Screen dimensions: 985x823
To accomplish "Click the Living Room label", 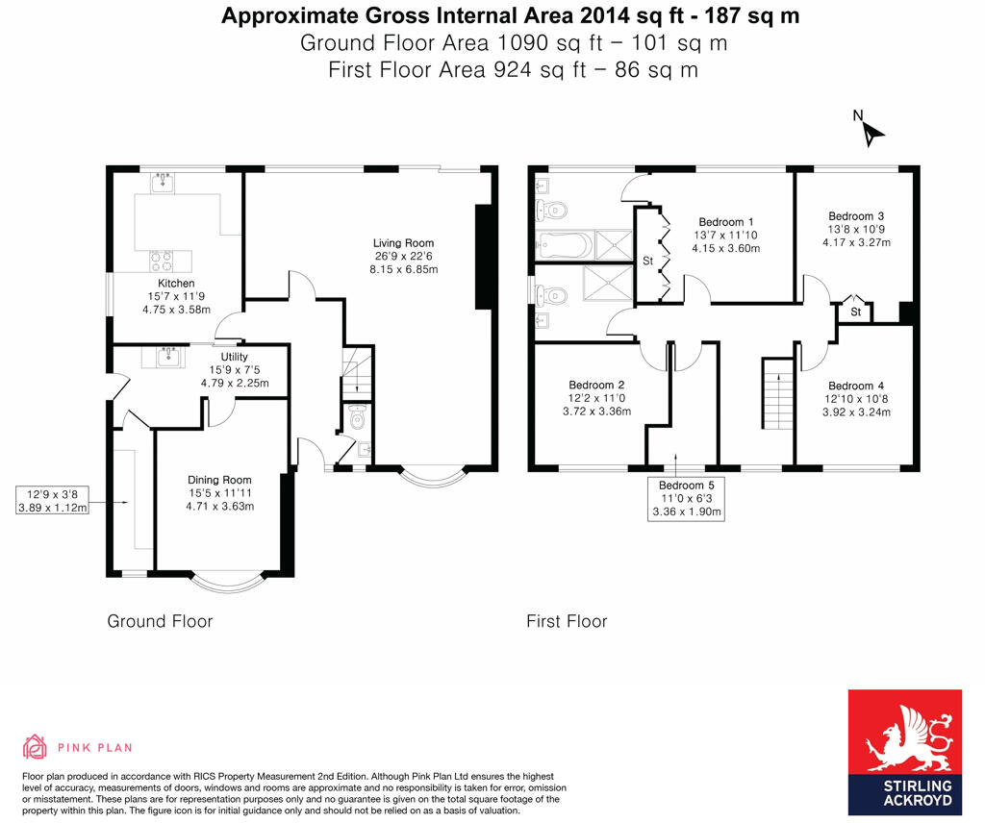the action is pos(403,243).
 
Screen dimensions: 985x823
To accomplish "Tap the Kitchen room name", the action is pos(176,283).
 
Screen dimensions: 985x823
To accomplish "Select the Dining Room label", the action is pos(219,480).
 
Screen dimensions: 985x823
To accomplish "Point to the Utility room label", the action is pos(235,357).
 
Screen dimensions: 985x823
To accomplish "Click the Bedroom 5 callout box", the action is pos(686,498).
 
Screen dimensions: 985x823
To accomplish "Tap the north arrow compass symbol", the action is pos(870,130).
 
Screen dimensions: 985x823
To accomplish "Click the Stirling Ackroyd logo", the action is pos(904,752).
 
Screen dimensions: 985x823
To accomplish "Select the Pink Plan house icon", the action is pos(36,747).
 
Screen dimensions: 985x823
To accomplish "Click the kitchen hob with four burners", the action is pos(162,261).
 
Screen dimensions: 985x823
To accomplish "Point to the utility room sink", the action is pos(169,356).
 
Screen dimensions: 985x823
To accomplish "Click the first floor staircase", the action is pos(778,393).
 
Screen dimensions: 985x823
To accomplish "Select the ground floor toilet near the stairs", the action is pos(357,417).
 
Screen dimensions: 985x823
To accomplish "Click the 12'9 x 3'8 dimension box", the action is pos(52,500).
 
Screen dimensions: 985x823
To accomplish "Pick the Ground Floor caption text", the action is pos(160,621).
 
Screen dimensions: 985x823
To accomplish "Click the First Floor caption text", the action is pos(567,621).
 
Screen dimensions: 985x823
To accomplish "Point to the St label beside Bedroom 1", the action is pos(647,261).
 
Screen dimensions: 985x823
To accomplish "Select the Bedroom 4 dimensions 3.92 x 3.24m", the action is pos(856,412).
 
